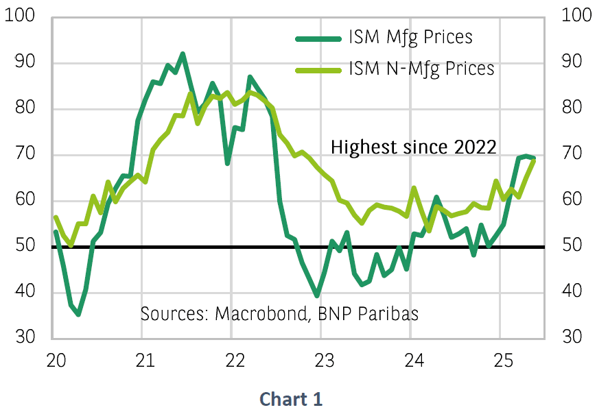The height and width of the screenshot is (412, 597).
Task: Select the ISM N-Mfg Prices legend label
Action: tap(421, 69)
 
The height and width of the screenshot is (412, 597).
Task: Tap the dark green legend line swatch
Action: tap(318, 38)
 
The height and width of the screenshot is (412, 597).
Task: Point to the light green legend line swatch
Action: tap(318, 69)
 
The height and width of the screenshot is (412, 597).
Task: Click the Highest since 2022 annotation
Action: tap(414, 147)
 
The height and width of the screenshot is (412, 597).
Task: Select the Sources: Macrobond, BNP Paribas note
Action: tap(279, 314)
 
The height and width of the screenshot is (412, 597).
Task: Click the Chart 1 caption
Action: tap(291, 399)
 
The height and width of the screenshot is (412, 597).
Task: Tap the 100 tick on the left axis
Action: tap(20, 16)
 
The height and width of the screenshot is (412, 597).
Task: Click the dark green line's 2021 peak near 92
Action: tap(183, 53)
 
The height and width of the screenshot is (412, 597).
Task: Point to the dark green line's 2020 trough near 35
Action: tap(79, 314)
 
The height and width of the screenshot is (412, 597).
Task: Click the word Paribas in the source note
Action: tap(390, 314)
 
